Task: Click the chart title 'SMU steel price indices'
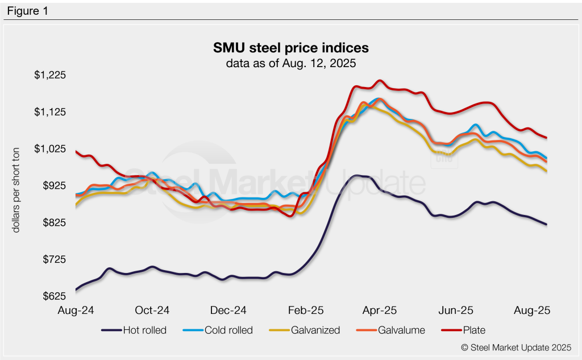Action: click(x=290, y=47)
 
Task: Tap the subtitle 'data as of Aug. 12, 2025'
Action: click(x=290, y=63)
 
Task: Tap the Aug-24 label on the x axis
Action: click(x=76, y=311)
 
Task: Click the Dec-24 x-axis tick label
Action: click(x=228, y=311)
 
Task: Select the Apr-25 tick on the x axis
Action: click(x=379, y=311)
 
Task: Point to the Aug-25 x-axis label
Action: click(x=532, y=311)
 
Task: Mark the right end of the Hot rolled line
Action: click(x=547, y=225)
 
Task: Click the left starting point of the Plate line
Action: click(x=76, y=151)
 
